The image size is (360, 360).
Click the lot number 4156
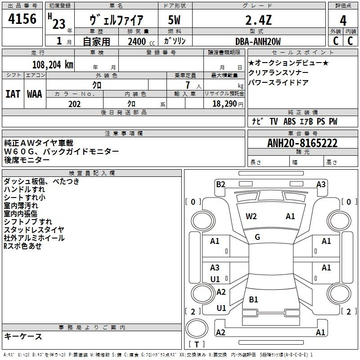click(22, 19)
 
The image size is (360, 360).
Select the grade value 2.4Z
click(258, 20)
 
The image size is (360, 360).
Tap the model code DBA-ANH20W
click(258, 41)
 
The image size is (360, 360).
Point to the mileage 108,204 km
click(53, 65)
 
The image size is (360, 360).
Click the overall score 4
click(343, 21)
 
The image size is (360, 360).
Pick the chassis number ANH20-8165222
click(302, 143)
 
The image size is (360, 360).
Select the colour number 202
click(74, 104)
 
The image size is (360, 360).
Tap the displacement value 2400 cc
click(141, 42)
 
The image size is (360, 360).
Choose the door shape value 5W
click(174, 20)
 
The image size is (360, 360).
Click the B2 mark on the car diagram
click(220, 184)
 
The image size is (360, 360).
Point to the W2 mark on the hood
click(251, 216)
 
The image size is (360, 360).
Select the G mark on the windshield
click(257, 237)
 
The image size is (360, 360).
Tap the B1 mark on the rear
click(253, 300)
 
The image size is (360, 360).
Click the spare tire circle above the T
click(197, 328)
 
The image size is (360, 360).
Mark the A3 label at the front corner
click(321, 184)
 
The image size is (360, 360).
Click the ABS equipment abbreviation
click(289, 121)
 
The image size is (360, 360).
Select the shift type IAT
click(13, 94)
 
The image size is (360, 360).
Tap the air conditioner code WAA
click(35, 94)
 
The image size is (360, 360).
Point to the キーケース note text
click(23, 337)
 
